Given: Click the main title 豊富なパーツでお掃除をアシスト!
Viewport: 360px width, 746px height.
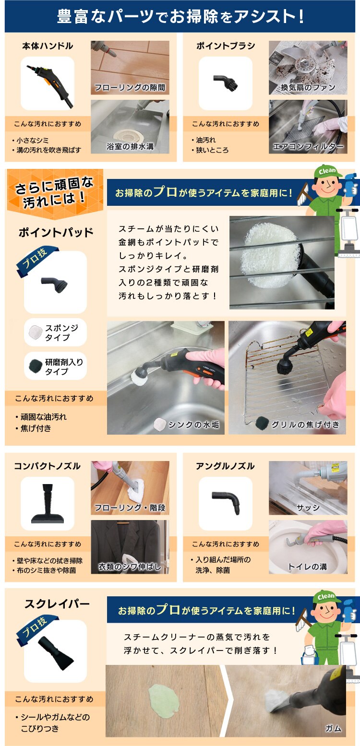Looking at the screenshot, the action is click(180, 16).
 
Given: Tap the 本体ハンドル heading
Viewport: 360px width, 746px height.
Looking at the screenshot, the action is click(48, 46).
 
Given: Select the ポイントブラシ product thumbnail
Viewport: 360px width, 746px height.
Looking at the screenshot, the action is click(225, 83).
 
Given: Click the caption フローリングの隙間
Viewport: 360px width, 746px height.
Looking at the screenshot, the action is click(130, 87).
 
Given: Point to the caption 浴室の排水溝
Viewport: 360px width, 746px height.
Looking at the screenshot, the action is click(130, 146).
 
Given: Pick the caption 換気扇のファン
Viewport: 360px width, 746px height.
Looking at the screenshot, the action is click(308, 87).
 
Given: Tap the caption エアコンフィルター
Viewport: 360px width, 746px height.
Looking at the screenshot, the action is click(308, 146).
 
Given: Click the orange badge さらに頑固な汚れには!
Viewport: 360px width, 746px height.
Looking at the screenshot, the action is click(55, 192).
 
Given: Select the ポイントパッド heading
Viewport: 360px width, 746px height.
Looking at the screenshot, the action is click(56, 232).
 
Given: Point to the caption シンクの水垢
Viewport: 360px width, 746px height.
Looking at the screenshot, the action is click(193, 425).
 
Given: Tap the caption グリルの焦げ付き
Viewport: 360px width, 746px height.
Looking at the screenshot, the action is click(305, 424).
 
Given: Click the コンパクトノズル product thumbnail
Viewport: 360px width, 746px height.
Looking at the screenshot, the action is click(48, 503).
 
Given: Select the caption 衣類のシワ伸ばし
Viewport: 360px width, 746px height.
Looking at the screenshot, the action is click(130, 567).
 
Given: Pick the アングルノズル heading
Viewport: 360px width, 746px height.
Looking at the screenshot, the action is click(225, 466).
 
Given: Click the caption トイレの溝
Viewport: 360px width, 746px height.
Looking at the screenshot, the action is click(308, 567).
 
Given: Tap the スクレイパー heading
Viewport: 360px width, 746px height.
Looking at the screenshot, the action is click(57, 604).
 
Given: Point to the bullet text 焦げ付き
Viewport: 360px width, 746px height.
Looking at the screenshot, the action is click(36, 428).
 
